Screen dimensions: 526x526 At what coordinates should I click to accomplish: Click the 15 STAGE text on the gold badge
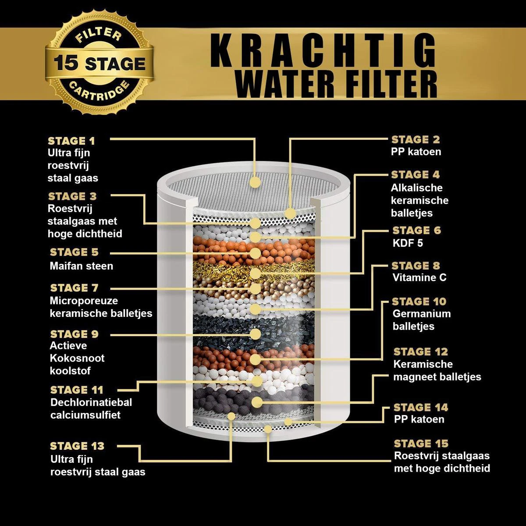click(100, 64)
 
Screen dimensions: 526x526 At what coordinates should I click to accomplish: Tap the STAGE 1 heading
click(71, 141)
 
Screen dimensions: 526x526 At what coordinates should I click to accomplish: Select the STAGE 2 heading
click(416, 139)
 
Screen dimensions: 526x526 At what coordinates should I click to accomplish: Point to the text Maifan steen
click(82, 266)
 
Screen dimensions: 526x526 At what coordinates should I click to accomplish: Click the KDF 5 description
click(408, 243)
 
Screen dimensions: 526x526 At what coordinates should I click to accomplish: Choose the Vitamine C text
click(419, 277)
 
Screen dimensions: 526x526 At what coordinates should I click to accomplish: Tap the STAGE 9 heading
click(75, 334)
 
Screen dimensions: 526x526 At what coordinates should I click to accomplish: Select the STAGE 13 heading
click(77, 446)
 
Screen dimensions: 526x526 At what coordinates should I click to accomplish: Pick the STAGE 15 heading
click(421, 443)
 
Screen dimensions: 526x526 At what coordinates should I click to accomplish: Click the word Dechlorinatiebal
click(91, 402)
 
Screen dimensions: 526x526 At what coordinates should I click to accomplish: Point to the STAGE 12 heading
click(421, 352)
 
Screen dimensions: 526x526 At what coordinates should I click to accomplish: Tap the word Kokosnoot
click(77, 358)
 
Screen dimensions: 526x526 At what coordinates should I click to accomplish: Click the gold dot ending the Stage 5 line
click(255, 253)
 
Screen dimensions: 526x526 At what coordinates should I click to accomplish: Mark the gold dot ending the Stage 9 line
click(255, 334)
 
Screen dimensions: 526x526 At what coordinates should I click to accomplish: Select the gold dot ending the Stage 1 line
click(255, 182)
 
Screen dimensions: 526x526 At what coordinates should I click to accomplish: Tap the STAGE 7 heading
click(75, 288)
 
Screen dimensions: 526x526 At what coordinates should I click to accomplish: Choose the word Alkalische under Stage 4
click(417, 188)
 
